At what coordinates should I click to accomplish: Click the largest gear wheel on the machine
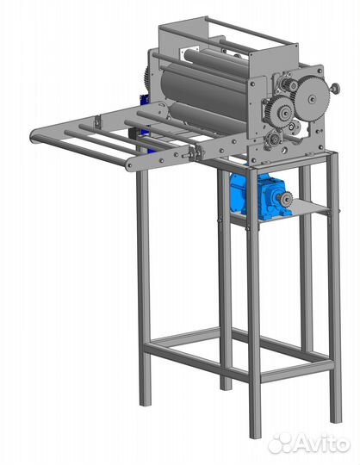point(312,98)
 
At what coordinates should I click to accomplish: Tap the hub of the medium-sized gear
point(285,112)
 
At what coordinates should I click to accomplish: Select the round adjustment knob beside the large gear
point(335,88)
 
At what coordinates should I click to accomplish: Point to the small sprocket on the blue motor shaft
point(287,200)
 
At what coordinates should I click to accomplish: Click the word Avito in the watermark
point(324,443)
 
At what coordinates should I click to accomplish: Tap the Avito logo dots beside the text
point(282,443)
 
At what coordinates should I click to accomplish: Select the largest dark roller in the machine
point(205,88)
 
